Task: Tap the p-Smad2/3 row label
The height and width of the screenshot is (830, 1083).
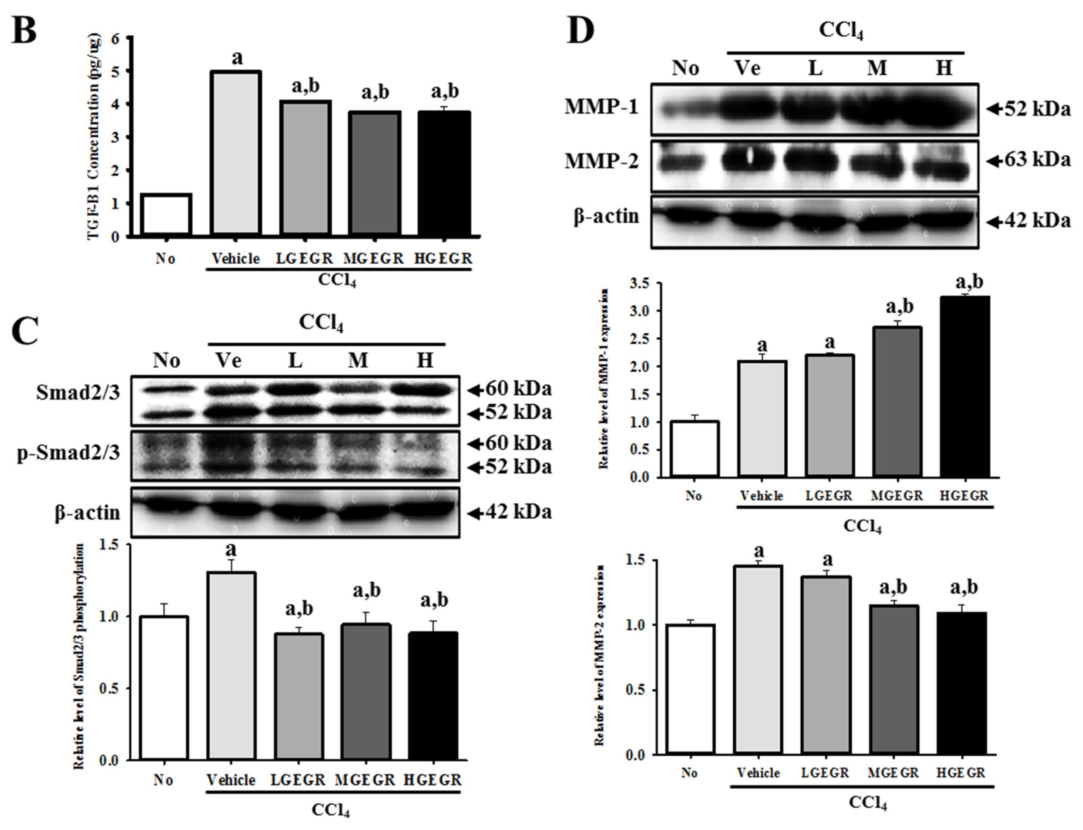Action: tap(69, 453)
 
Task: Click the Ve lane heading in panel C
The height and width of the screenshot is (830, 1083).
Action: tap(229, 361)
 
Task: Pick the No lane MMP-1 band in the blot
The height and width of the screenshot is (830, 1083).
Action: tap(685, 109)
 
